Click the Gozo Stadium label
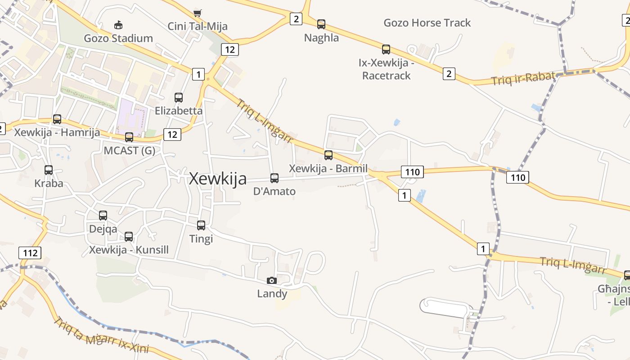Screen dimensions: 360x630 coord(118,38)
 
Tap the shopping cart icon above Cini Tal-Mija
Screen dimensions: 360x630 coord(197,13)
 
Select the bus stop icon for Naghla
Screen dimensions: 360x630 coord(321,24)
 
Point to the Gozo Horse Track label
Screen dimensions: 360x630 coord(427,23)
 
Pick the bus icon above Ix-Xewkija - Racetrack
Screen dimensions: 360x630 coord(386,49)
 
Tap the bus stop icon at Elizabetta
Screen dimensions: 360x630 coord(179,97)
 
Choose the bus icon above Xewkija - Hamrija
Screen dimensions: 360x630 coord(57,119)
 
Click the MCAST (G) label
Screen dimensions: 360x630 coord(129,151)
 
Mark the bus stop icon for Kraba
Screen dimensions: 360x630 coord(49,170)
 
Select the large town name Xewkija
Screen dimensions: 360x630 coord(218,179)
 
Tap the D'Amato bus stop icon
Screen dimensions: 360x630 coord(274,178)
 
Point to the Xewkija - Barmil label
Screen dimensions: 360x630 coord(328,169)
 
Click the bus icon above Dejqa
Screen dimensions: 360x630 coord(103,216)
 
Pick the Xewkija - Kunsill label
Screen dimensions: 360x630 coord(129,250)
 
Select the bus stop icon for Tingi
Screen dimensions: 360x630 coord(201,225)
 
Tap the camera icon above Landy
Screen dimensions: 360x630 coord(272,280)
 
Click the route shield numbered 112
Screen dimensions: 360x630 coord(30,252)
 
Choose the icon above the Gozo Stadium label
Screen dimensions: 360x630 coord(118,25)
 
